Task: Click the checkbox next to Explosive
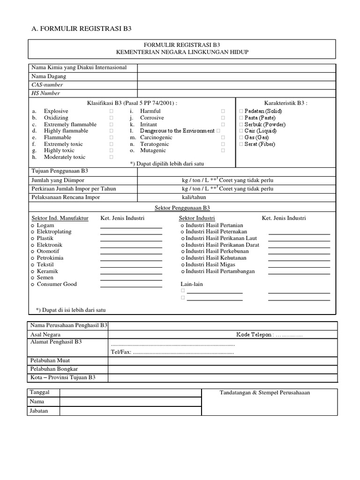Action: (112, 111)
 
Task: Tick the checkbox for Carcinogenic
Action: (223, 137)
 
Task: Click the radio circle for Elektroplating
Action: (33, 232)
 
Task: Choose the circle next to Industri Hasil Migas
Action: (182, 265)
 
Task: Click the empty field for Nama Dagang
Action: (236, 76)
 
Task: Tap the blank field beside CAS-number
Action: (236, 85)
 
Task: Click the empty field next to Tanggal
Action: (130, 393)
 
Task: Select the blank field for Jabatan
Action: (130, 411)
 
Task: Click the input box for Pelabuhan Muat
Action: (222, 361)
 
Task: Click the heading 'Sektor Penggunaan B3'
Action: (182, 207)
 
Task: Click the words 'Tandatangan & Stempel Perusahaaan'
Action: (265, 393)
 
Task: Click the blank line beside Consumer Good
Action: (131, 285)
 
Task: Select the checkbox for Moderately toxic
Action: (112, 157)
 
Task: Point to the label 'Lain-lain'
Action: (192, 284)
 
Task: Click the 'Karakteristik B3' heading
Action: (285, 103)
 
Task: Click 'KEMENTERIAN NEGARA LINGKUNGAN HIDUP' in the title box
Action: (182, 52)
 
